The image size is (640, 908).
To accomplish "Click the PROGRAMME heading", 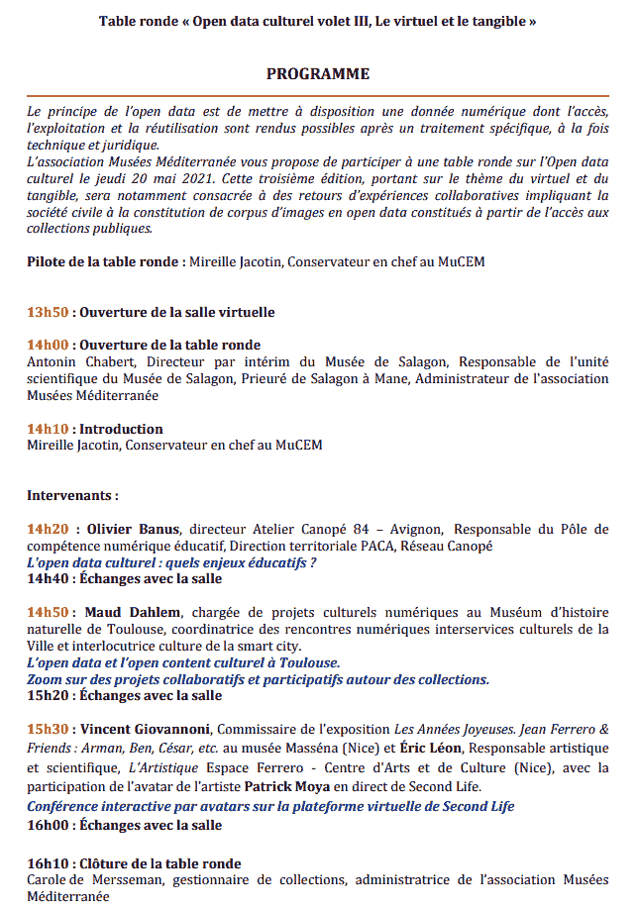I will (318, 74).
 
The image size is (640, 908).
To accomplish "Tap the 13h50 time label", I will (48, 312).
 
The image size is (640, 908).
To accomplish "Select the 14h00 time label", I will (48, 345).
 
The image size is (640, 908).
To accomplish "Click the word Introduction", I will (121, 429).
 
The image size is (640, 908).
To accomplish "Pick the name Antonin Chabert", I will (74, 361).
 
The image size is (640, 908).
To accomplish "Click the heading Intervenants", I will (72, 495).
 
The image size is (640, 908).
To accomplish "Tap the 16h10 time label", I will (48, 863).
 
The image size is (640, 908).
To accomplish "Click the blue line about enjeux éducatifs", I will (171, 562).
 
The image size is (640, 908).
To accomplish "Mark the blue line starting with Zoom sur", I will (258, 679).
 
